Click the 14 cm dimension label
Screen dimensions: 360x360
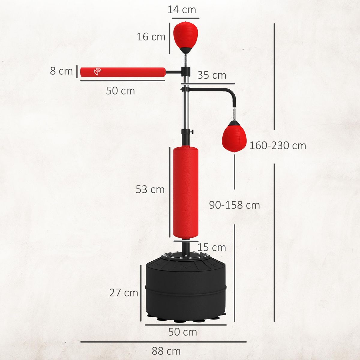pos(181,9)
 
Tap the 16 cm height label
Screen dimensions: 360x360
pos(151,37)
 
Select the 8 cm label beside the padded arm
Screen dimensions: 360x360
pos(61,71)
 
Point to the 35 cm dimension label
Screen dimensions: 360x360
pos(212,75)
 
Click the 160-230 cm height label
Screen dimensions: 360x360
pos(278,145)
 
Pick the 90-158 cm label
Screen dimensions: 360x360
pos(234,205)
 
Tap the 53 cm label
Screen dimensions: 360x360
pos(150,190)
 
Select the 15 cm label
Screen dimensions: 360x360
pos(212,247)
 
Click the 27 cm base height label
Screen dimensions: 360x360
pos(124,292)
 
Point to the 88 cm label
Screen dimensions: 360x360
pos(166,351)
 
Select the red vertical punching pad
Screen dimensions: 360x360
pos(185,192)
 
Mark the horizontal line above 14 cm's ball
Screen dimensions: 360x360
pos(185,18)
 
